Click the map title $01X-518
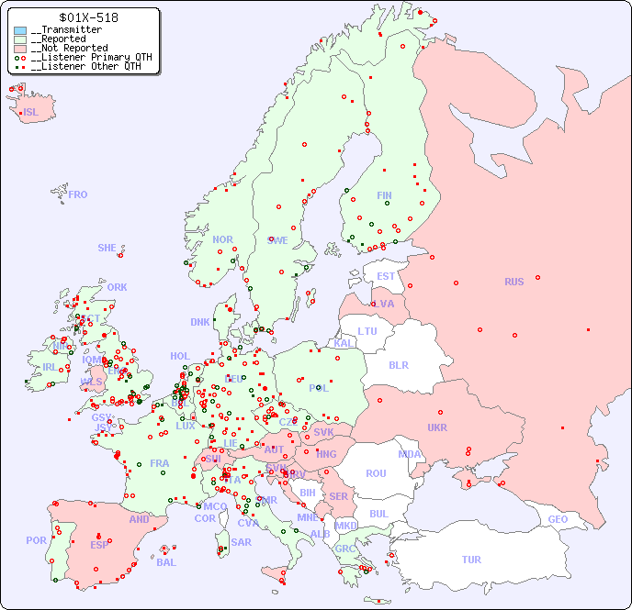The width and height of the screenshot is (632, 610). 87,17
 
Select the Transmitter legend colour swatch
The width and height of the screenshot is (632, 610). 20,30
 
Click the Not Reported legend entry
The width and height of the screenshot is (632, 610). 69,48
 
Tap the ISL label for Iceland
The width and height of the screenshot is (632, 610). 31,113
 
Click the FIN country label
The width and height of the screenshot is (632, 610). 384,195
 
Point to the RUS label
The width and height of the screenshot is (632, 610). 513,282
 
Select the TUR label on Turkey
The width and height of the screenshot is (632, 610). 471,560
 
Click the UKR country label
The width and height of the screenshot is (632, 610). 437,427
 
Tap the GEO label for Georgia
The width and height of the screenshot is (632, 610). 558,519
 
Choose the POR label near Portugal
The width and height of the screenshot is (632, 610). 36,540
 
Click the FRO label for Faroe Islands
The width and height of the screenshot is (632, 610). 78,194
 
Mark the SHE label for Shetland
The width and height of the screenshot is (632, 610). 107,248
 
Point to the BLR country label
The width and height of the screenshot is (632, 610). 399,364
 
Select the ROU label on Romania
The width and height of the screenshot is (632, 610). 376,473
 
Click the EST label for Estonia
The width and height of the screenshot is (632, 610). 386,276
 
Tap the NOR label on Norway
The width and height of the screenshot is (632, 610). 222,239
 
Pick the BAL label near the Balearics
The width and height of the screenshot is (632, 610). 166,562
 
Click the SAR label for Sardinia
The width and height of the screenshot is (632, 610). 242,542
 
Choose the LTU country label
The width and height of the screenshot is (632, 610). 367,331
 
